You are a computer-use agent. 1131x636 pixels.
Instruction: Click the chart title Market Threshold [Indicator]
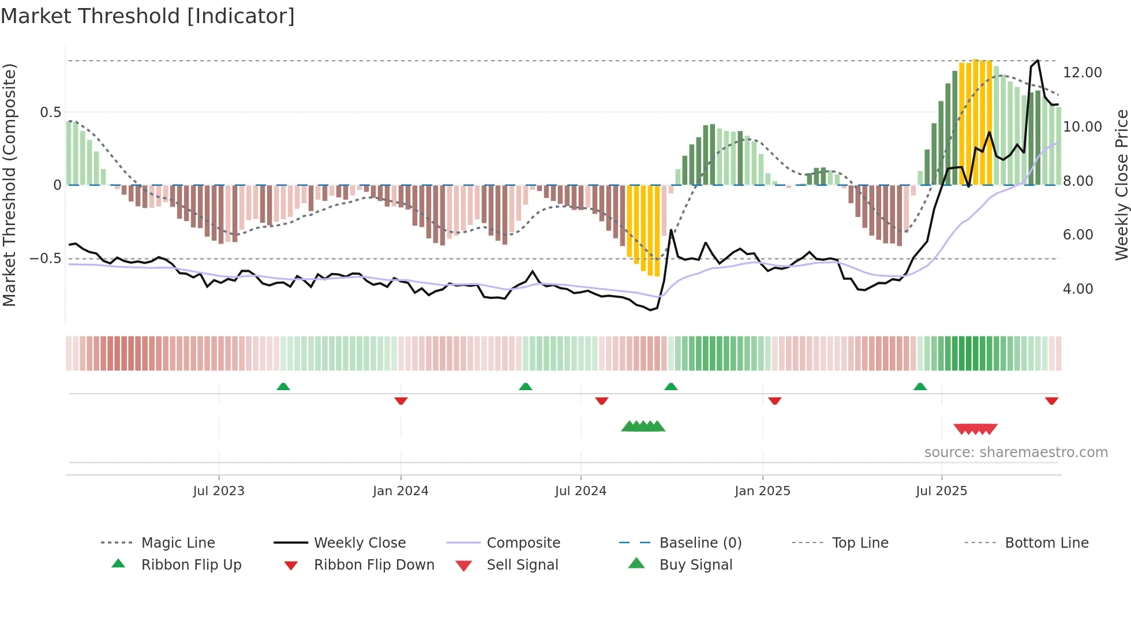click(148, 16)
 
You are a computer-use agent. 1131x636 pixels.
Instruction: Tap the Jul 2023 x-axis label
click(219, 491)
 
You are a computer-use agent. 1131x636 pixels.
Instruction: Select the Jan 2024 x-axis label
click(400, 491)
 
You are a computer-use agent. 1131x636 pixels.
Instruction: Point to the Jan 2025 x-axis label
click(762, 491)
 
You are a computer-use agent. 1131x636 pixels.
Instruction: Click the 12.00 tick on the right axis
click(1082, 73)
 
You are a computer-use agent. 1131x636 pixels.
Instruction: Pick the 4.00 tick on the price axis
click(1078, 289)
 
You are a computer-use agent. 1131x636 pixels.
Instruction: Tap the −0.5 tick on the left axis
click(46, 259)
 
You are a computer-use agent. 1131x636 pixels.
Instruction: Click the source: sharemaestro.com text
click(1016, 452)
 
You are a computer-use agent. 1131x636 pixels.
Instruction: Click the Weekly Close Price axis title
click(1121, 185)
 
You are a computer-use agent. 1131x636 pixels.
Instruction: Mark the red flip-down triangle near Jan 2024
click(401, 401)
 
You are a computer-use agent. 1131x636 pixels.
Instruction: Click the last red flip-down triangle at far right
click(1051, 401)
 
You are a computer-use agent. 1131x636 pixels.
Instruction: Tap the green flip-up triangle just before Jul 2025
click(920, 387)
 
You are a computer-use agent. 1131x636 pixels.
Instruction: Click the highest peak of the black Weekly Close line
click(1038, 61)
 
